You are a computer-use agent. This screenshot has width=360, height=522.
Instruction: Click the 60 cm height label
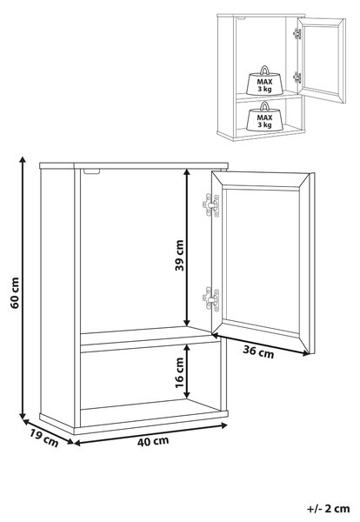16,292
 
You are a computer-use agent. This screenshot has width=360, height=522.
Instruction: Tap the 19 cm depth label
44,438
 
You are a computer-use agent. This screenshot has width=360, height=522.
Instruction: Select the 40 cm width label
153,441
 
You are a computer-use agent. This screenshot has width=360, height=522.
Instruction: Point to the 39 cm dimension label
180,255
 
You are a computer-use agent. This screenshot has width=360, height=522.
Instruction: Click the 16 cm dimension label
180,373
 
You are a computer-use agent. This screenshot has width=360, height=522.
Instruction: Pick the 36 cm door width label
258,352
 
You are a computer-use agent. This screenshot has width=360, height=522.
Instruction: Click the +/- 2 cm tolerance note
329,509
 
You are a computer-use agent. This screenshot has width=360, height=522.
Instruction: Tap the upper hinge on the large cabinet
211,205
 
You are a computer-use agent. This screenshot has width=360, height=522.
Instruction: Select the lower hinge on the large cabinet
211,299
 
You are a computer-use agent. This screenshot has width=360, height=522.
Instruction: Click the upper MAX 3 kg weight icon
264,81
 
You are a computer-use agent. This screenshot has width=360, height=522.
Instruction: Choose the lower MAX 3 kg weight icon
264,117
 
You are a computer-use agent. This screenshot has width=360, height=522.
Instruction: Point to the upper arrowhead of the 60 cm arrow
23,160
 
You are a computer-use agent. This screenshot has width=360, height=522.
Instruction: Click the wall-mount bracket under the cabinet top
92,171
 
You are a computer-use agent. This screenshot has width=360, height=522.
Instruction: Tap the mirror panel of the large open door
263,261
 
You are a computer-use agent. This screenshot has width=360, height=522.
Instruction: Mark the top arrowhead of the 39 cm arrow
187,172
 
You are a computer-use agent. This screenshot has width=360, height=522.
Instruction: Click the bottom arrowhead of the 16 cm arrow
187,394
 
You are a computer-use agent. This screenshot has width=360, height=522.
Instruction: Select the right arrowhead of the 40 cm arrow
224,425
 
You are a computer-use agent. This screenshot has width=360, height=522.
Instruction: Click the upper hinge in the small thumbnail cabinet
297,33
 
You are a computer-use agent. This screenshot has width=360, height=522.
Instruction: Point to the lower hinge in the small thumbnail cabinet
297,77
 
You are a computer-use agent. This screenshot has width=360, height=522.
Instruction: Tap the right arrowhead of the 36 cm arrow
306,354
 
